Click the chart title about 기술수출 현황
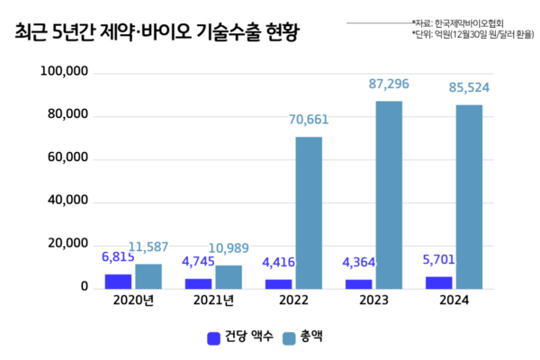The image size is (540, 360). tap(157, 33)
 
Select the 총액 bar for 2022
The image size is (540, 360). tap(309, 212)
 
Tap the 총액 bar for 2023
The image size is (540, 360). tap(389, 194)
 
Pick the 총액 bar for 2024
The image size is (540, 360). tap(469, 196)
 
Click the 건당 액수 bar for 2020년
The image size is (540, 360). tap(118, 281)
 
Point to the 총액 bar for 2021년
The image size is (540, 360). tap(229, 276)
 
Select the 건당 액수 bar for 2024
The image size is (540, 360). tap(439, 283)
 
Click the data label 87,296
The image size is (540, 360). tap(389, 84)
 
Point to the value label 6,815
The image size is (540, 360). tap(118, 257)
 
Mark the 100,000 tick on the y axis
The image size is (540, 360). tap(65, 72)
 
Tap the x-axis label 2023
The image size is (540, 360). tap(374, 301)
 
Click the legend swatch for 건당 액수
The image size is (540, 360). tap(214, 338)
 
